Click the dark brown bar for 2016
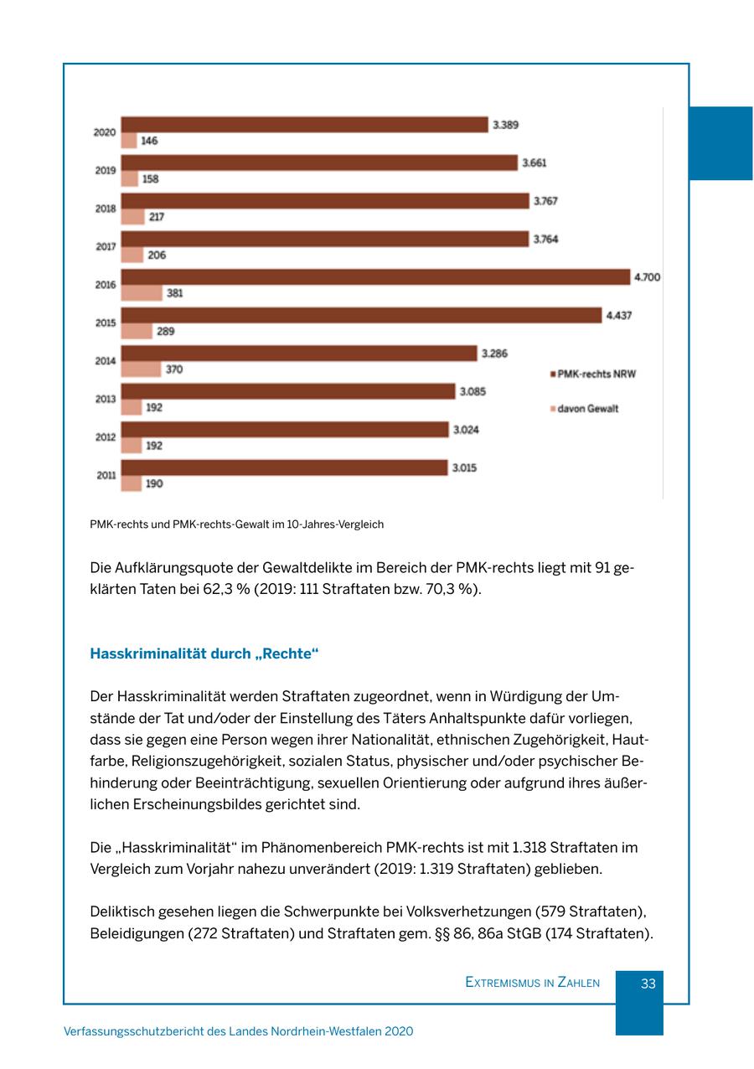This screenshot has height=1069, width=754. tap(375, 277)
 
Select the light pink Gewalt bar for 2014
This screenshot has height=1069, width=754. tap(141, 369)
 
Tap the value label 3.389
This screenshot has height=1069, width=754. tap(505, 125)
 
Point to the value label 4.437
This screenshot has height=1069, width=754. tap(619, 315)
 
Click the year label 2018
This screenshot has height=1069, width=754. tap(106, 209)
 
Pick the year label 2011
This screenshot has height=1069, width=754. tap(106, 475)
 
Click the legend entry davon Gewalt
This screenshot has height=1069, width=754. tap(587, 409)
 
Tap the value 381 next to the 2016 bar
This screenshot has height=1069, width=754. tap(174, 293)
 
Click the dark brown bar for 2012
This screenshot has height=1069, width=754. tap(285, 430)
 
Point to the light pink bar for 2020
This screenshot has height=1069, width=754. tap(129, 141)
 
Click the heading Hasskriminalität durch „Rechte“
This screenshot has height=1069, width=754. tap(204, 653)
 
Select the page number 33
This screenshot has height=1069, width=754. tap(648, 984)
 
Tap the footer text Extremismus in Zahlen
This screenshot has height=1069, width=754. tap(532, 983)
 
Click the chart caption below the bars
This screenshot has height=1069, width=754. tap(236, 524)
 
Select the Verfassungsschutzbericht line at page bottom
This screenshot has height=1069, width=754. tap(238, 1032)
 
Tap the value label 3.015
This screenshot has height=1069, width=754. tap(464, 467)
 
